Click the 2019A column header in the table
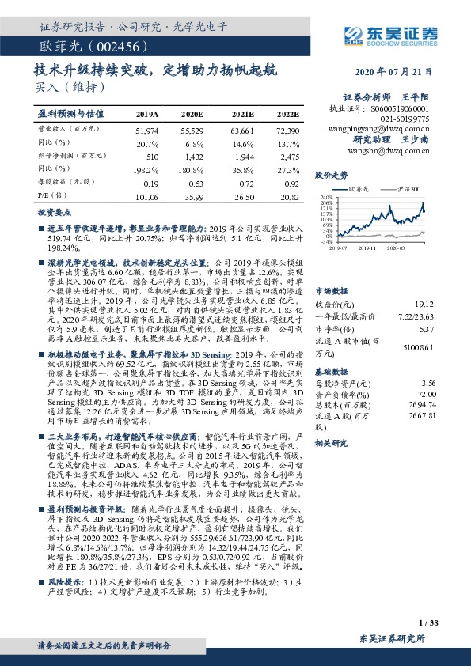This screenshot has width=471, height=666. [x=148, y=114]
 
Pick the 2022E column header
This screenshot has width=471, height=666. [x=287, y=114]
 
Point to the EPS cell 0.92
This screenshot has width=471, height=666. [x=289, y=183]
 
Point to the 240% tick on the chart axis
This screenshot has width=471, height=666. [x=326, y=195]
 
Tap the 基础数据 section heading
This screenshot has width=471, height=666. [x=331, y=370]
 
